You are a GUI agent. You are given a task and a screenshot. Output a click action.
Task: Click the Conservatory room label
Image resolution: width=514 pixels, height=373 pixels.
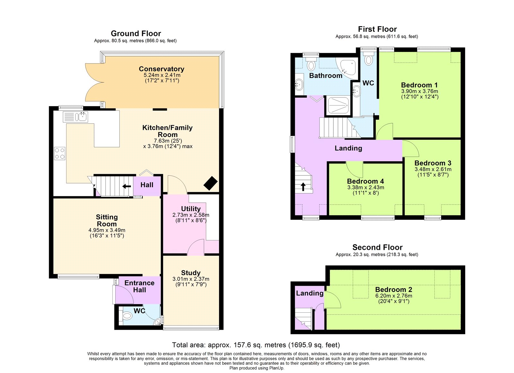[x=162, y=69]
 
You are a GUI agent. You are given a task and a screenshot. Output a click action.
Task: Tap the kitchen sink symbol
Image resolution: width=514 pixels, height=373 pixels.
[x=75, y=117]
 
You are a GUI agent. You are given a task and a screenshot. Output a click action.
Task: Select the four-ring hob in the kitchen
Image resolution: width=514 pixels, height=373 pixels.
[x=59, y=153]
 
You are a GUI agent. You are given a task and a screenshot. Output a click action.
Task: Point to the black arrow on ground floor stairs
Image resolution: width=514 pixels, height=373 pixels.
[x=127, y=186]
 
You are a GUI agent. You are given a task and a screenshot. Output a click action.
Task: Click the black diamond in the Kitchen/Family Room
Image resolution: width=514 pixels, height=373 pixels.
[x=210, y=183]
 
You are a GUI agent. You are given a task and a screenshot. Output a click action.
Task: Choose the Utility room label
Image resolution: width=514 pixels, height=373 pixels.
[x=191, y=209]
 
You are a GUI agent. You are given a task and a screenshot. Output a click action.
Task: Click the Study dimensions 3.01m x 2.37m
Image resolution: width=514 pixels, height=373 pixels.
[x=191, y=279]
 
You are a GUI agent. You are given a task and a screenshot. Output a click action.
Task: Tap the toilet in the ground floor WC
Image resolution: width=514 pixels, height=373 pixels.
[x=127, y=316]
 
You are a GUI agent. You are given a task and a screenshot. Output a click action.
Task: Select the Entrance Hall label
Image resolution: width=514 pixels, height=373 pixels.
[x=139, y=286]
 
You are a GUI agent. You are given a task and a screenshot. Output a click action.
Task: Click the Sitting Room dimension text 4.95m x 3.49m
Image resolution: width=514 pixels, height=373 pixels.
[x=107, y=230]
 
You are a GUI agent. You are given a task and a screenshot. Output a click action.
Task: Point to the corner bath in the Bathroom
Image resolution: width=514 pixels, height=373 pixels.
[x=348, y=67]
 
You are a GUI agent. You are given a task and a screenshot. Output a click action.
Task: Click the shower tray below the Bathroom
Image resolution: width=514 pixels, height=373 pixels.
[x=338, y=105]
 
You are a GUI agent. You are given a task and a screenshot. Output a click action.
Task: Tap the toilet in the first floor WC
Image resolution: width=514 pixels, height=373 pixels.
[x=368, y=60]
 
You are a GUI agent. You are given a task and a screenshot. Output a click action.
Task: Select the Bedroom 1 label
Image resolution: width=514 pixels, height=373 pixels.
[x=419, y=85]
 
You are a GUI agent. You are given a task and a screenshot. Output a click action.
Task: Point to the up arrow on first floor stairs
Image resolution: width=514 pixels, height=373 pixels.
[x=303, y=186]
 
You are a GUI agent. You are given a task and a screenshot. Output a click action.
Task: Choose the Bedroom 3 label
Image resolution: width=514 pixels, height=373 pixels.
[x=433, y=163]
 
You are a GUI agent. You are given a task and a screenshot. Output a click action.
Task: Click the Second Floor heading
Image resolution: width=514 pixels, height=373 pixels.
[x=377, y=247]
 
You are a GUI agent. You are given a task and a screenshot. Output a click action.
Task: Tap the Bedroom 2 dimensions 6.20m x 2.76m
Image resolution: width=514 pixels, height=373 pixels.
[x=394, y=296]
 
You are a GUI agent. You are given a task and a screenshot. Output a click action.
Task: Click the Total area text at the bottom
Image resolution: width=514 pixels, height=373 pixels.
[x=256, y=345]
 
